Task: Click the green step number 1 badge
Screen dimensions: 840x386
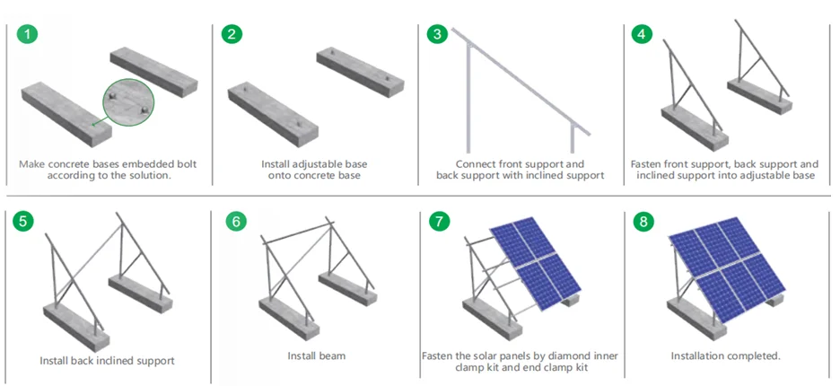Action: coord(29,35)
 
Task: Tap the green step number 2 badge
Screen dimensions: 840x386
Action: coord(233,35)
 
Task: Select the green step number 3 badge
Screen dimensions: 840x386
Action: coord(438,35)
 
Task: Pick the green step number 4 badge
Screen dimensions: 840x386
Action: coord(641,35)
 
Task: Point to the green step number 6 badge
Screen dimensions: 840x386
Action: coord(234,222)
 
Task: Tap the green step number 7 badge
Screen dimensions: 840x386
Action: coord(438,222)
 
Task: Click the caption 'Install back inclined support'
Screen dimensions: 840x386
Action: coord(107,361)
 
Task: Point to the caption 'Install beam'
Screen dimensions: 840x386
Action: coord(316,356)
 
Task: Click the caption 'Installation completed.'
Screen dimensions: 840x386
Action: coord(725,356)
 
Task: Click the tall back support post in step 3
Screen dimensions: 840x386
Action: coord(468,99)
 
